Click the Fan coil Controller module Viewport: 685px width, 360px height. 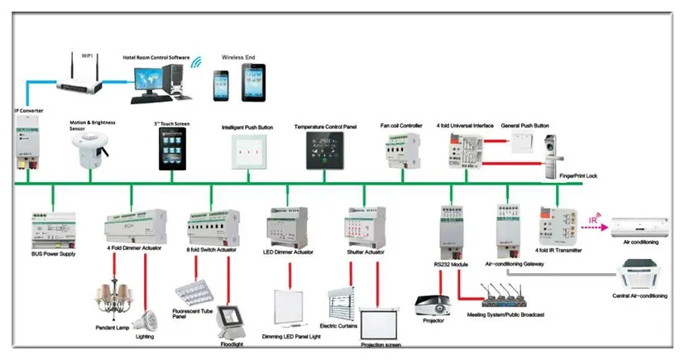[401, 151]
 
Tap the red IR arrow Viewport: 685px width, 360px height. [594, 222]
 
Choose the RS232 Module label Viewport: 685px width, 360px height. [452, 264]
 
